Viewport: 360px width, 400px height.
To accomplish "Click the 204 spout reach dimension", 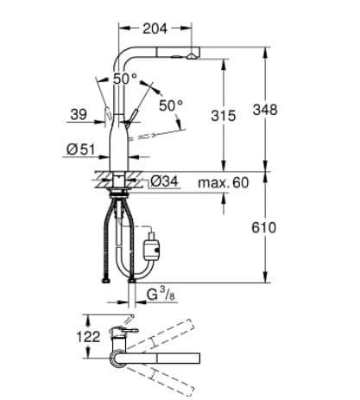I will click(x=153, y=29).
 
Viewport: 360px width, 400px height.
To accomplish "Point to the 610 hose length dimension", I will click(x=264, y=228).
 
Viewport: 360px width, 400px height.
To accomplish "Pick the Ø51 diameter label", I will click(x=79, y=149).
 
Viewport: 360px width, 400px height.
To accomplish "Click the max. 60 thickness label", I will click(x=222, y=182).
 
